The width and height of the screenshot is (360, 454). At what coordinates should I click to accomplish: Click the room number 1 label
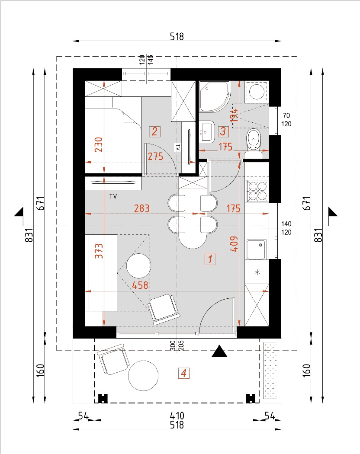tap(210, 259)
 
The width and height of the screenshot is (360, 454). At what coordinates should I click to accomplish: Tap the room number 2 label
tap(155, 131)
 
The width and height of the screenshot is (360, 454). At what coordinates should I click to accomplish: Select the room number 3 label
tap(223, 131)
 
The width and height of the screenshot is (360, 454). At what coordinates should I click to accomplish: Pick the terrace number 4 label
tap(184, 373)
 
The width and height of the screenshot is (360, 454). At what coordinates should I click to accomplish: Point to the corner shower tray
tap(214, 96)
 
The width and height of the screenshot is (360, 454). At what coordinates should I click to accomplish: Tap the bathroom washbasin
tap(206, 132)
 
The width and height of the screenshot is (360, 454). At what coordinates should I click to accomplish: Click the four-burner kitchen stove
tap(257, 191)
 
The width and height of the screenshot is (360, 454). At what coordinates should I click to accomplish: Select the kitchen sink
tap(257, 249)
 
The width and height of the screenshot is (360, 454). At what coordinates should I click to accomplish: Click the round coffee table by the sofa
tap(138, 266)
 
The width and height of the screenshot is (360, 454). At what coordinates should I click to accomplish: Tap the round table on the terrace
tap(143, 376)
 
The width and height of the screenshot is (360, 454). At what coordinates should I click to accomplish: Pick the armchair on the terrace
tap(112, 359)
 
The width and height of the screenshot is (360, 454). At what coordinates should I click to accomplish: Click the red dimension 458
tap(140, 285)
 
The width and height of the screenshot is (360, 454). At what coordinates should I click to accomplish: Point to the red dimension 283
tap(142, 208)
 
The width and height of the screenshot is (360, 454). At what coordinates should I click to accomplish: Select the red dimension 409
tap(234, 244)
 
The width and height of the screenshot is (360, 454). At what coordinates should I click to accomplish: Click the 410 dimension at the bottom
tap(177, 416)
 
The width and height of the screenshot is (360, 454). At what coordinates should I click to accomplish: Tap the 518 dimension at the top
tap(177, 36)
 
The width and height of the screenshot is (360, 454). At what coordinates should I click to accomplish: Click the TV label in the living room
tap(113, 196)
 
